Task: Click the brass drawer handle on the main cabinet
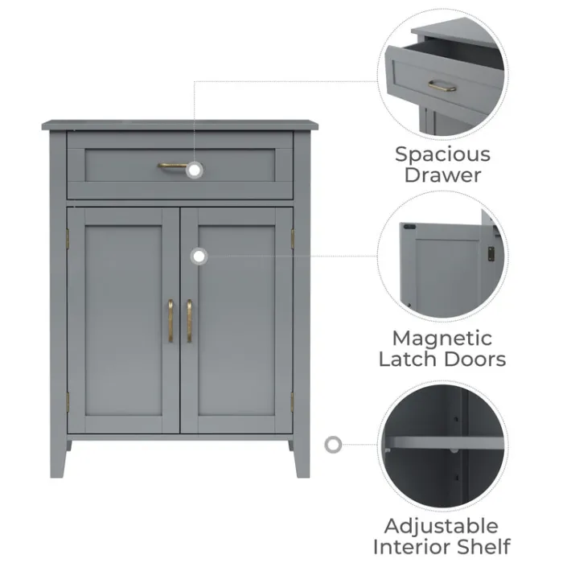pos(172,166)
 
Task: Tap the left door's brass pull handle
pos(170,321)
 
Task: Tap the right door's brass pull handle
pos(189,321)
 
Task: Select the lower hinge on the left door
pos(68,402)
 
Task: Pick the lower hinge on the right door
pos(292,402)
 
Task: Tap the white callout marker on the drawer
pos(195,170)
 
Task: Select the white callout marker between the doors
pos(199,257)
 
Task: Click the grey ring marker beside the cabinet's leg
pos(333,445)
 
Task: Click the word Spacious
pos(443,154)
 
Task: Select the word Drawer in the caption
pos(443,175)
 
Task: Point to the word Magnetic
pos(442,339)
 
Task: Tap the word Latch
pos(408,359)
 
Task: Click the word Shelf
pos(483,547)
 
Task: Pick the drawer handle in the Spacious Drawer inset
pos(442,86)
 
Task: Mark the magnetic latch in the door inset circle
pos(491,254)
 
